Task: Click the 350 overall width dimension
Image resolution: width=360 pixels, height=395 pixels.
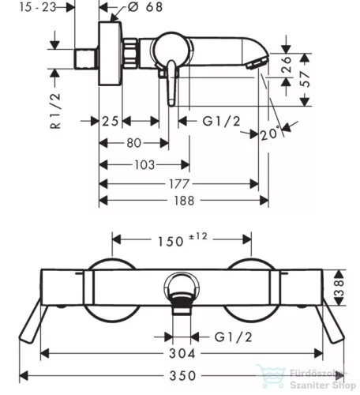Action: click(182, 375)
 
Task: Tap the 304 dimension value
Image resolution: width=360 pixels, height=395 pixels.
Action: click(182, 353)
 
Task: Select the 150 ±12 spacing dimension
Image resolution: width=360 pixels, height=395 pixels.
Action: click(182, 239)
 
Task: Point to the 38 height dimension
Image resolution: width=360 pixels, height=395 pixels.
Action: click(339, 288)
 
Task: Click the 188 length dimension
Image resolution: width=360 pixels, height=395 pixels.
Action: click(184, 201)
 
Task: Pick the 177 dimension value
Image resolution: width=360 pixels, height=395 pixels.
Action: click(179, 184)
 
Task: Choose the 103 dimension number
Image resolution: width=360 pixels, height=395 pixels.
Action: click(144, 165)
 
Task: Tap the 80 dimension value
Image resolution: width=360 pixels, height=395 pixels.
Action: click(134, 143)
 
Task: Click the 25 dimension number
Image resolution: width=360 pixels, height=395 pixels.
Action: click(111, 122)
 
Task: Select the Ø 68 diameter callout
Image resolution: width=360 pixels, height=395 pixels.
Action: click(145, 7)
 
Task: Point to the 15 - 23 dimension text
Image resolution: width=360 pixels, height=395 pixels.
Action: click(38, 7)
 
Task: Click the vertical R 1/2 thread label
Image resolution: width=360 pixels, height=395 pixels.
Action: click(55, 111)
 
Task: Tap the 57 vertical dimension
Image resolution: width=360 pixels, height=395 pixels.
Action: click(306, 79)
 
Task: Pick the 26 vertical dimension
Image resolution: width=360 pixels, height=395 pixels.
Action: click(287, 64)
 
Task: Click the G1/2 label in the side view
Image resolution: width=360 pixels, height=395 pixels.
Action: click(221, 122)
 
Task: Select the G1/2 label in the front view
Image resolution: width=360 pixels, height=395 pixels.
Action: click(233, 337)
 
